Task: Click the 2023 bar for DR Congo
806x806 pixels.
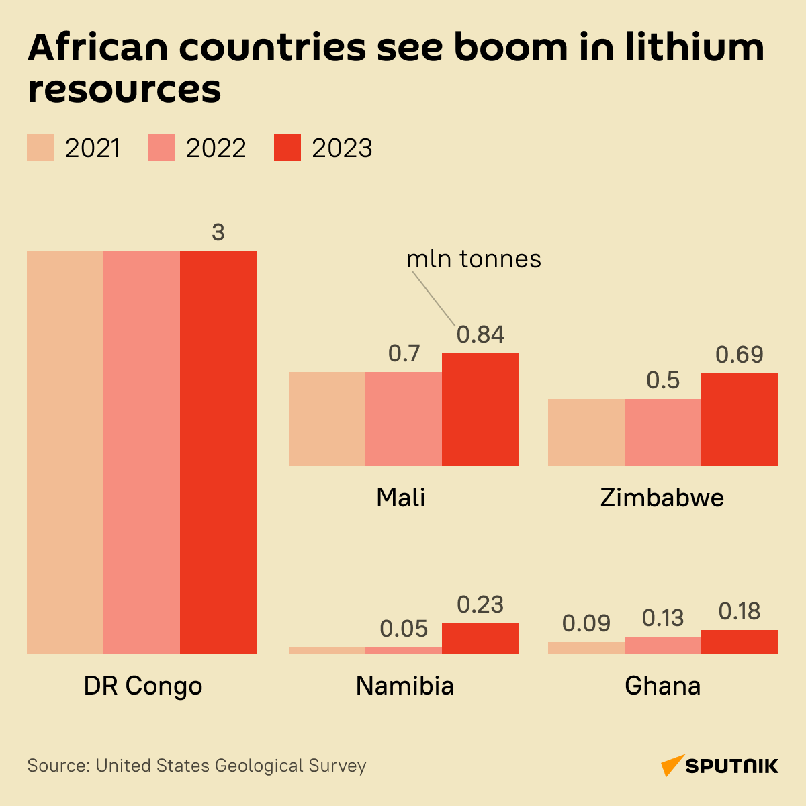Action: point(218,452)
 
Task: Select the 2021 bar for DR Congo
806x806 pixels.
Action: point(65,452)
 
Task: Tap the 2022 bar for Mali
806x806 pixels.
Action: point(404,418)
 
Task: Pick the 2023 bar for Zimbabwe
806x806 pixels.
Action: point(740,419)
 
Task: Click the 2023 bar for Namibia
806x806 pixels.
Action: point(480,638)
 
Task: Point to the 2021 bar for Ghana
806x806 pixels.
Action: point(586,647)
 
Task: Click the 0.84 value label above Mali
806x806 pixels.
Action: point(480,334)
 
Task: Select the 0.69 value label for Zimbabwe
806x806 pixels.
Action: point(740,355)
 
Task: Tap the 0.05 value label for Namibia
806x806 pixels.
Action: point(404,629)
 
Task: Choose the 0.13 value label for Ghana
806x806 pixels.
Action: point(663,618)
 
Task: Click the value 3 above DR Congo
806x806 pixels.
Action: point(218,232)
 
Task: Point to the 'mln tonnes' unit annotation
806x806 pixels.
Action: point(474,259)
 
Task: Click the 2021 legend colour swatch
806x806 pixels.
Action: point(40,148)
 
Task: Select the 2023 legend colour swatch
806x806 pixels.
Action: point(287,148)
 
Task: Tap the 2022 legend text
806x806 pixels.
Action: point(216,148)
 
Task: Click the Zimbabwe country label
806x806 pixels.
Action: point(662,498)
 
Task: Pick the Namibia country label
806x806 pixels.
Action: point(405,686)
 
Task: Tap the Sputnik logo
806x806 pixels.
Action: point(720,766)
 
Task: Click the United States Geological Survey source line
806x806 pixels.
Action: point(197,766)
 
